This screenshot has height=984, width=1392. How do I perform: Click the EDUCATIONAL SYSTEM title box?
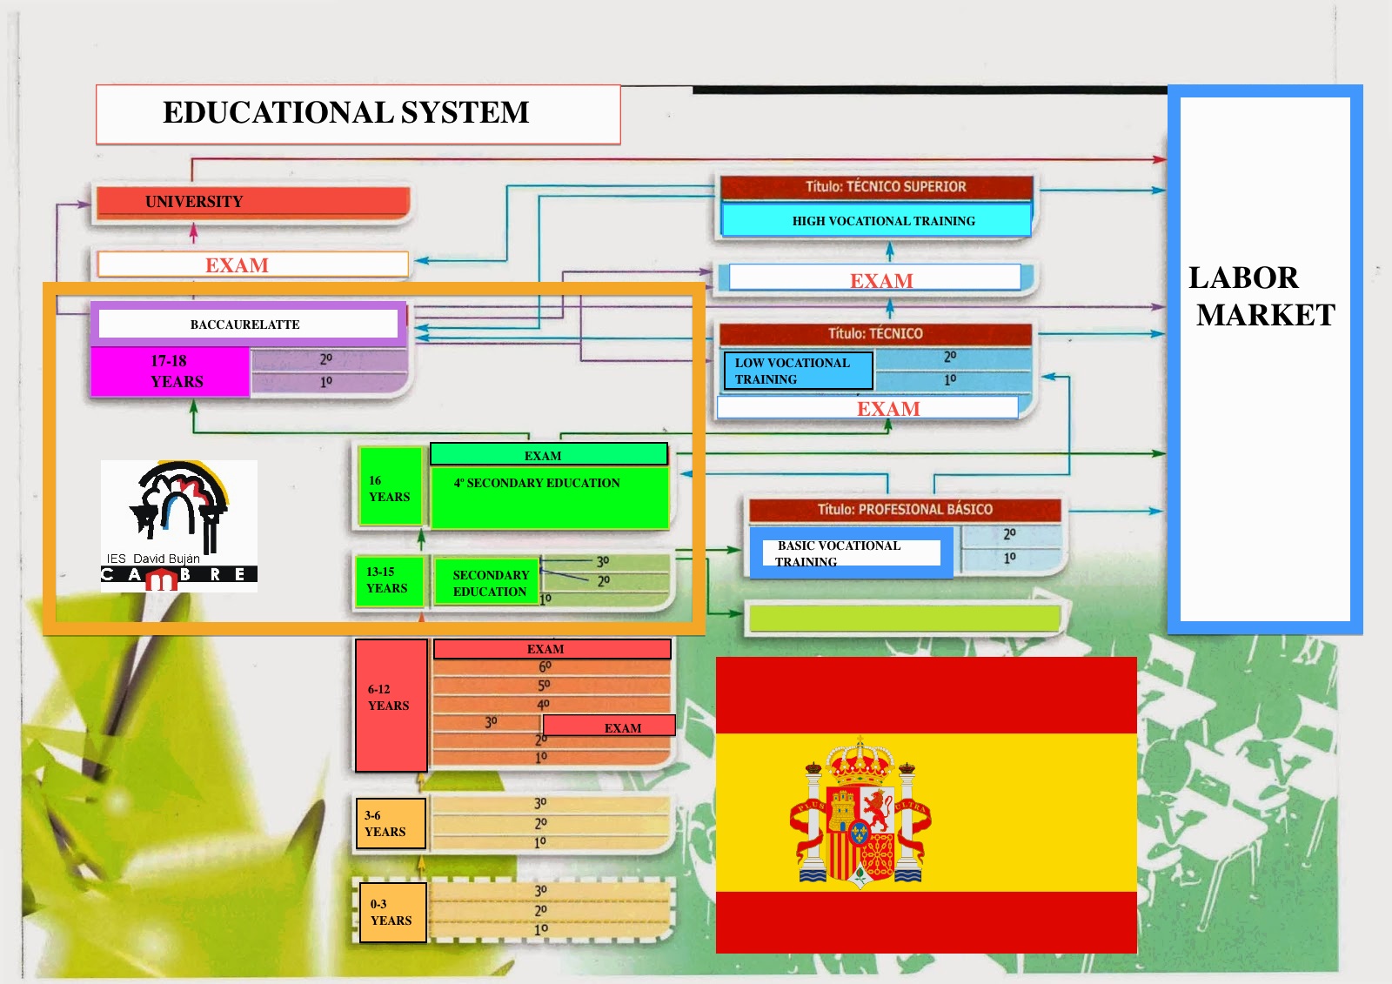(x=358, y=114)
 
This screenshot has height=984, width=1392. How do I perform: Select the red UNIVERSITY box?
(x=252, y=202)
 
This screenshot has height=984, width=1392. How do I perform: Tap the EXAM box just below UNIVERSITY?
(x=252, y=264)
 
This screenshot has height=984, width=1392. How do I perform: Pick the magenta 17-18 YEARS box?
(x=171, y=372)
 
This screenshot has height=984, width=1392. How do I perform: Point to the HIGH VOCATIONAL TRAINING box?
(x=876, y=221)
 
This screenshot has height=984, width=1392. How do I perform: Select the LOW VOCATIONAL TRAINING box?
(x=798, y=371)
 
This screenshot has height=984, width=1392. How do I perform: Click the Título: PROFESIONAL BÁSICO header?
(x=904, y=510)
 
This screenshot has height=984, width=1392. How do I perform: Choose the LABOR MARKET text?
(x=1261, y=296)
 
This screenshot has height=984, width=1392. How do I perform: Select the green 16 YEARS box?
(x=390, y=488)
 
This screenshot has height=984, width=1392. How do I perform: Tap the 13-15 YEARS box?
(x=388, y=580)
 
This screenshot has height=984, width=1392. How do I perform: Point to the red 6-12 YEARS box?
(x=391, y=706)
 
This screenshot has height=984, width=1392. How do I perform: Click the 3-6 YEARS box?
(x=390, y=823)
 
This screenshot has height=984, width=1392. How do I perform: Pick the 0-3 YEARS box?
(x=392, y=913)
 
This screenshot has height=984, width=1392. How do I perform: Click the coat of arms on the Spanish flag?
(x=860, y=814)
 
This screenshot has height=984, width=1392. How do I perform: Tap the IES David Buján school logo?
(x=178, y=525)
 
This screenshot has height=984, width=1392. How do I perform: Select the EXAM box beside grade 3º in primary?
(x=609, y=726)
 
